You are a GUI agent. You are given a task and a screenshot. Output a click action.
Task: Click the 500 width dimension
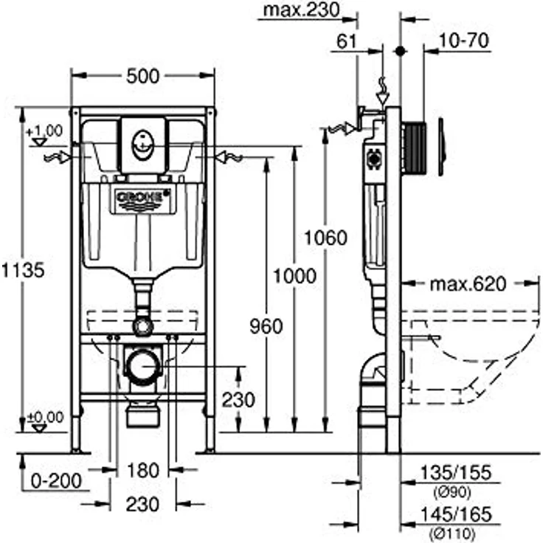pos(142,76)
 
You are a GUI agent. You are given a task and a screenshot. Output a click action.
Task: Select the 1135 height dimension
pos(24,270)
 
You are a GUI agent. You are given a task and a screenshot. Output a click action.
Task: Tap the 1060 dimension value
pos(325,238)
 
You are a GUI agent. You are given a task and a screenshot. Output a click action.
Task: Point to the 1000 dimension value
pos(295,276)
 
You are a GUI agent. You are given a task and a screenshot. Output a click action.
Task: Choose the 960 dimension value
pos(266,326)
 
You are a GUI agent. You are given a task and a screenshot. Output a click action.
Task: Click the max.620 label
pos(468,284)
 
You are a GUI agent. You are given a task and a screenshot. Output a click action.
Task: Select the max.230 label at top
pos(301,10)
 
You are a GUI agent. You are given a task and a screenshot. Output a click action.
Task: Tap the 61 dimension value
pos(347,41)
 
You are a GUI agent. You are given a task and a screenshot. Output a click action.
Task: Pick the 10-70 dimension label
pos(464,41)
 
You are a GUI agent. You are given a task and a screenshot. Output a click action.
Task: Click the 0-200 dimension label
pos(56,481)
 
